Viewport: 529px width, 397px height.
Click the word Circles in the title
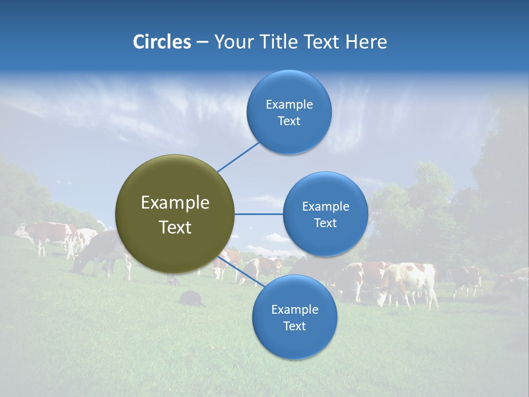pos(161,42)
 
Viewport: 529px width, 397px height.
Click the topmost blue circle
pos(289,112)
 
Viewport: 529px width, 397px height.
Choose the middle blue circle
pos(326,214)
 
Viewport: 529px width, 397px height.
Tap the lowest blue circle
pos(294,318)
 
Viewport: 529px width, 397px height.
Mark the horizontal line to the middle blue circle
pos(259,214)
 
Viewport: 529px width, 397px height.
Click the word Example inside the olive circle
pos(175,203)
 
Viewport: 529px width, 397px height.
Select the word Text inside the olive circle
pos(175,227)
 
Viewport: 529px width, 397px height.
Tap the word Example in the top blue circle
pos(289,105)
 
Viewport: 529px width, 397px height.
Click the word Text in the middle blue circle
pos(326,223)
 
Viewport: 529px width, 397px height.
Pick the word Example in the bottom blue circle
pos(294,310)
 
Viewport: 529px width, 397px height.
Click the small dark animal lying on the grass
pos(191,299)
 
